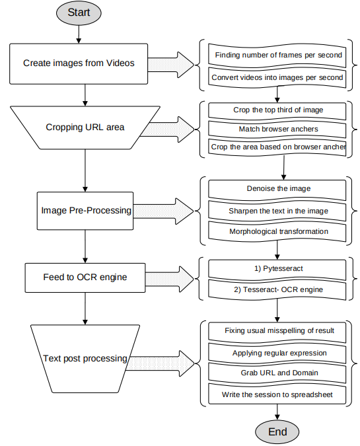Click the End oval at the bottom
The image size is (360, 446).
(x=278, y=431)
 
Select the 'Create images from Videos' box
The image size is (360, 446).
(x=79, y=63)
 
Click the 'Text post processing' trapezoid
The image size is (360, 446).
(x=85, y=358)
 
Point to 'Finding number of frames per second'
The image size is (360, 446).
(x=277, y=55)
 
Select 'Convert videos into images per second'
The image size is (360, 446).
(x=277, y=77)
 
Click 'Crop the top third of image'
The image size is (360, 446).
(x=277, y=110)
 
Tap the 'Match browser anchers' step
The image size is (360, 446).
(x=277, y=129)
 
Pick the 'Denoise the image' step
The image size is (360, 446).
(x=277, y=188)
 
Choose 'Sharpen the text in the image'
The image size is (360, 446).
(x=277, y=210)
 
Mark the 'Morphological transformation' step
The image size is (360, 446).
(x=277, y=232)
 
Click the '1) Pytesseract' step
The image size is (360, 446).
(x=277, y=269)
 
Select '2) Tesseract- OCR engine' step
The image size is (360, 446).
(x=277, y=289)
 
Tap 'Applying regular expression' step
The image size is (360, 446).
(x=277, y=353)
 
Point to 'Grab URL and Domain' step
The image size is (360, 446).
(x=277, y=373)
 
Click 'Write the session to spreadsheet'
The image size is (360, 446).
(x=277, y=395)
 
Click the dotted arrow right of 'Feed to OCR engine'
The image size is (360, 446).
(x=168, y=277)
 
